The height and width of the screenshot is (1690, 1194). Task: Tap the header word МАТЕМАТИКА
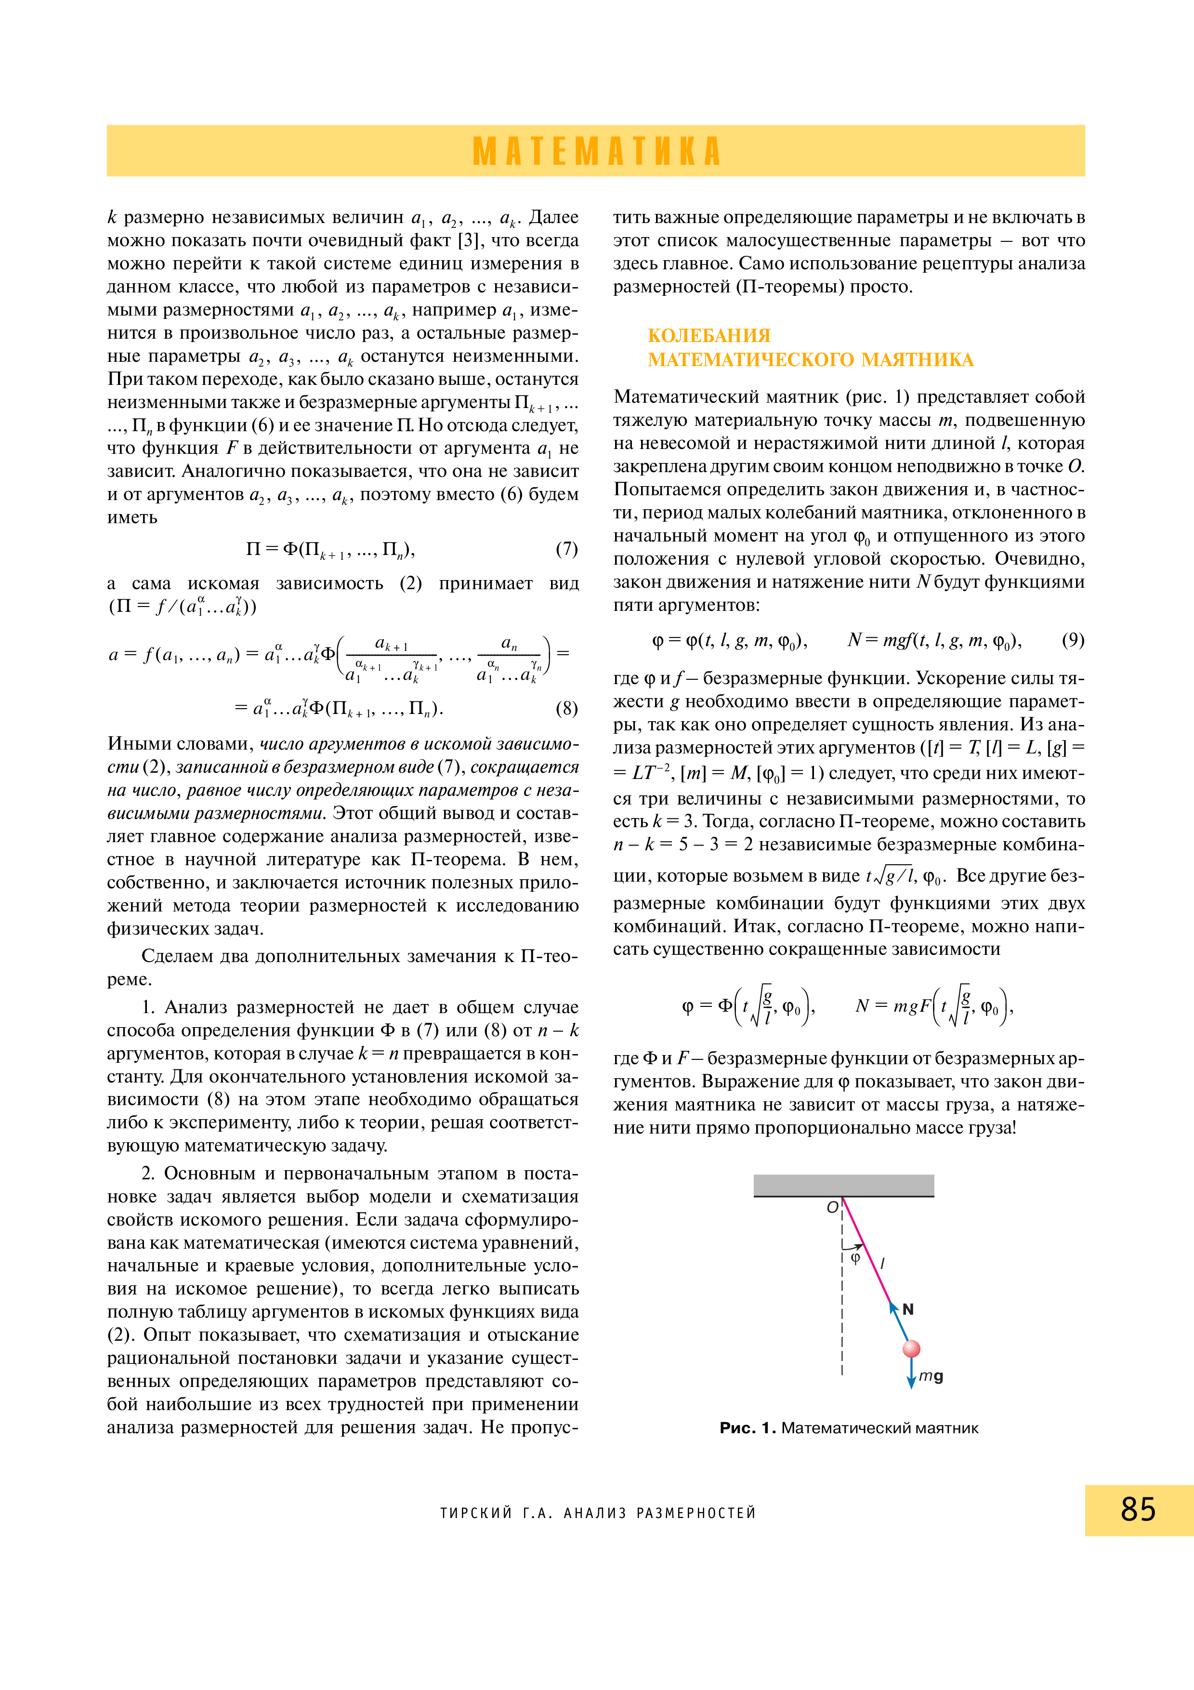(x=597, y=151)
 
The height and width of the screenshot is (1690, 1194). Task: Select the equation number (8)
(x=566, y=708)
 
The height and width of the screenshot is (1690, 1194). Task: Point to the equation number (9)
(x=1073, y=640)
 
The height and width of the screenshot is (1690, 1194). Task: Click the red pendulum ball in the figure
(x=911, y=1348)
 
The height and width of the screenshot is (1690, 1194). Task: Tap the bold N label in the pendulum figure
(x=908, y=1309)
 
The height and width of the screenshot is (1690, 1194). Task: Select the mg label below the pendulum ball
(x=931, y=1376)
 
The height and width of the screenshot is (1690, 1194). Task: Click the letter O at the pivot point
(x=832, y=1207)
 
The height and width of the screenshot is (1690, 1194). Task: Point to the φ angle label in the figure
(x=855, y=1259)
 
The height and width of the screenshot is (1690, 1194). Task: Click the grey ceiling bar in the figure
(x=844, y=1185)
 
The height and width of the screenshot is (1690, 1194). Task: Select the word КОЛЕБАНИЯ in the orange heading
(x=709, y=336)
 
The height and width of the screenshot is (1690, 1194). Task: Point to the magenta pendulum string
(x=866, y=1251)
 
